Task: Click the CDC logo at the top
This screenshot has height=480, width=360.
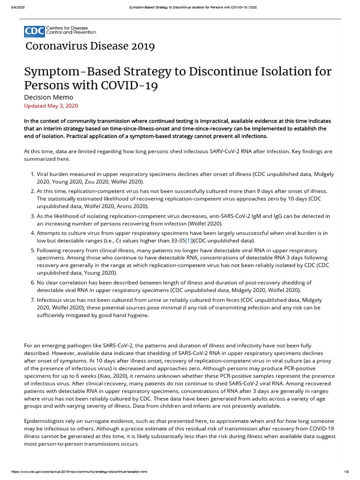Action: (x=60, y=31)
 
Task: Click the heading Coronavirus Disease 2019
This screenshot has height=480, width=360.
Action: (x=90, y=46)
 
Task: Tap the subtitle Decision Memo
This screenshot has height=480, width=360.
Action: (x=48, y=97)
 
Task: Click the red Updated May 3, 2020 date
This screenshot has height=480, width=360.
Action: (x=51, y=106)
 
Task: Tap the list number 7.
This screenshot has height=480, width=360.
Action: (x=32, y=300)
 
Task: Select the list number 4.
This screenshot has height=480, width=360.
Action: (x=32, y=233)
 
